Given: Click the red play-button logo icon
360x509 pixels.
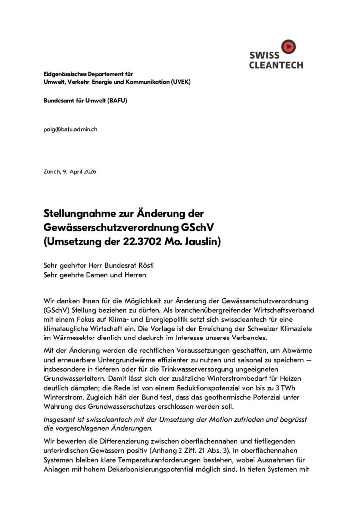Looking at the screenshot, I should click(288, 47).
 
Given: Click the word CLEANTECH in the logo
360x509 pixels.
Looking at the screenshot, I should click(276, 65).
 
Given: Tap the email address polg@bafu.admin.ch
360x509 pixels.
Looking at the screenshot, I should click(70, 129).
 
